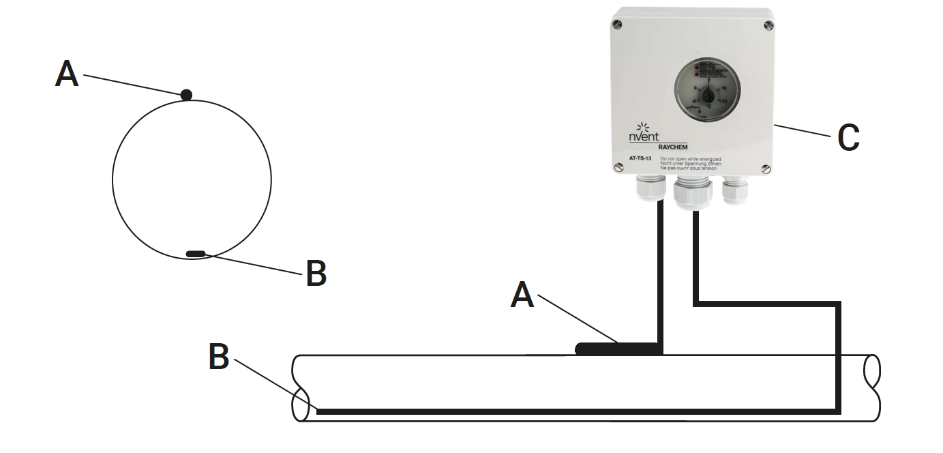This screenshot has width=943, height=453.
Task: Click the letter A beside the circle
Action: (x=67, y=74)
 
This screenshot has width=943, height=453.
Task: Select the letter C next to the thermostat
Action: (x=848, y=138)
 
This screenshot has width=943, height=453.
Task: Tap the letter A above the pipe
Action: (x=522, y=295)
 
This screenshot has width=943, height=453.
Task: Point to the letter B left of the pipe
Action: (x=218, y=357)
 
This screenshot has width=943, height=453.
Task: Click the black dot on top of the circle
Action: (x=186, y=95)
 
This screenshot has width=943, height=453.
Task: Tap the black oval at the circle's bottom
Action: (x=196, y=254)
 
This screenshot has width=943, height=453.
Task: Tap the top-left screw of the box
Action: (x=618, y=25)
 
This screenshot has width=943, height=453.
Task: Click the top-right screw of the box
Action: (x=768, y=25)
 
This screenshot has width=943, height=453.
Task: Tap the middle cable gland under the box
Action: (x=692, y=193)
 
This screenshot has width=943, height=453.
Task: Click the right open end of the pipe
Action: (x=871, y=388)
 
